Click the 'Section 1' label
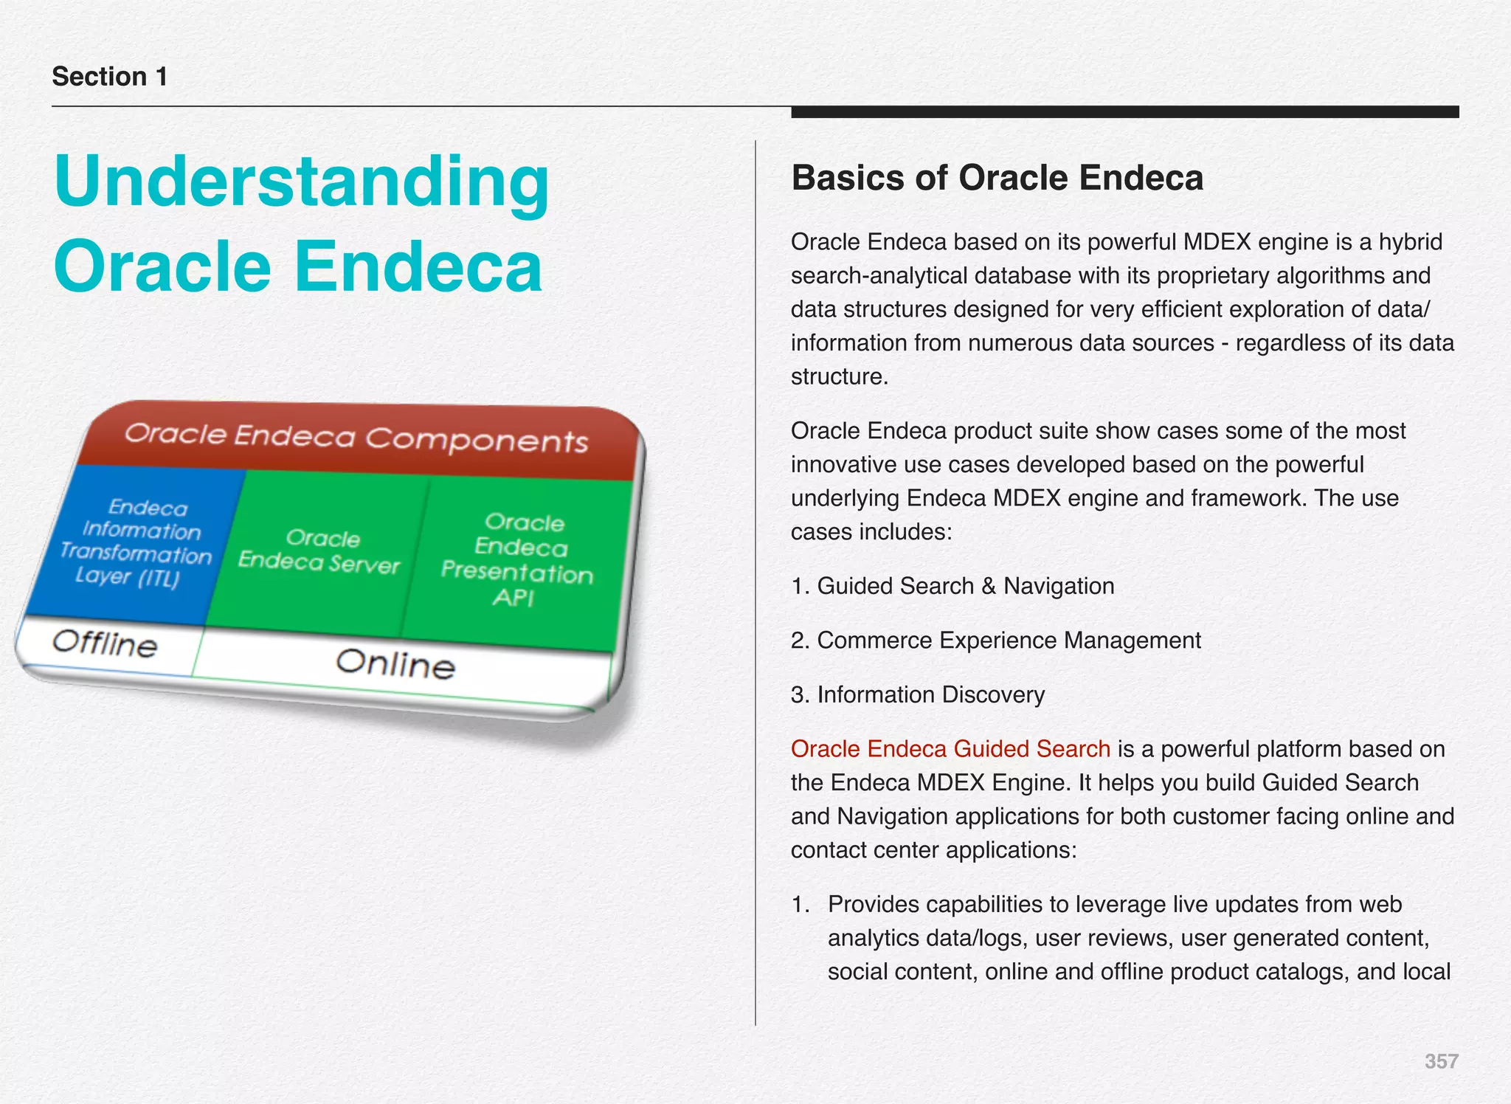click(x=109, y=77)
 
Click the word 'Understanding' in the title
click(x=301, y=182)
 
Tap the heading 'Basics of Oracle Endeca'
click(x=997, y=178)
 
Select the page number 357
click(x=1441, y=1061)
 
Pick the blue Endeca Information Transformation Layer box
click(x=136, y=542)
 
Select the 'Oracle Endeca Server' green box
click(x=319, y=551)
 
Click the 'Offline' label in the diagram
click(x=105, y=644)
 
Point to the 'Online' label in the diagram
click(x=395, y=663)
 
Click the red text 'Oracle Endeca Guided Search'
click(x=950, y=748)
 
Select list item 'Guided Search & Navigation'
click(x=965, y=586)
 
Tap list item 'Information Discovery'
click(x=930, y=694)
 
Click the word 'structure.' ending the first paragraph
click(x=839, y=377)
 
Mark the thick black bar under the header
click(x=1124, y=112)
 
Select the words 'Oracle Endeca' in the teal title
click(x=298, y=267)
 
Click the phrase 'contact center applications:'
click(x=933, y=850)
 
